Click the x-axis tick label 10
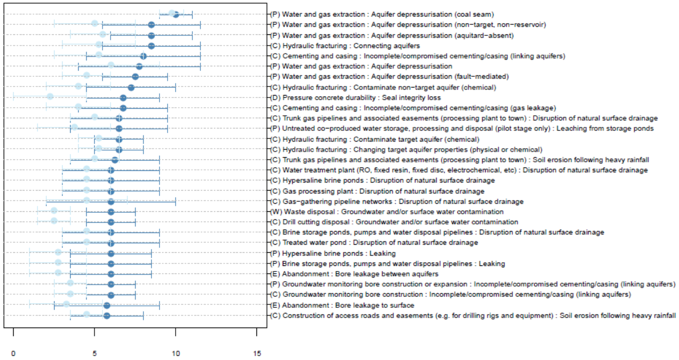[176, 352]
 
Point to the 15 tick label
[256, 352]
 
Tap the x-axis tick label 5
[95, 352]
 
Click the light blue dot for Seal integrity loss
[50, 97]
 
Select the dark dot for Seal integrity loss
[123, 98]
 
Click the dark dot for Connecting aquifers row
[151, 46]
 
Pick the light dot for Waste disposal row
[54, 211]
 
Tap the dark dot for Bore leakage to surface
[107, 305]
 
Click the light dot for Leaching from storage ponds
[74, 127]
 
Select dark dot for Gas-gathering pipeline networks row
[111, 201]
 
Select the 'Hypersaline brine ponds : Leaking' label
[339, 253]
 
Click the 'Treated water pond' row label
[374, 243]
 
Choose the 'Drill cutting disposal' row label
[394, 222]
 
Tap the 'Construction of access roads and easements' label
[473, 315]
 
